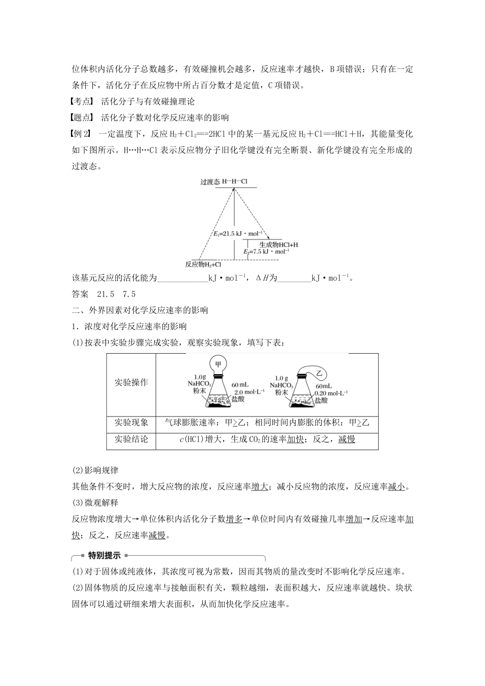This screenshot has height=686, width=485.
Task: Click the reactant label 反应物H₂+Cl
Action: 203,264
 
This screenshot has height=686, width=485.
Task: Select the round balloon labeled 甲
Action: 219,364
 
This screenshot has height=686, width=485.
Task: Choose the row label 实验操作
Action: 131,382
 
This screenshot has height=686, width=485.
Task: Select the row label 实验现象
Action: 131,423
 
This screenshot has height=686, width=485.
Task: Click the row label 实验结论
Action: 131,439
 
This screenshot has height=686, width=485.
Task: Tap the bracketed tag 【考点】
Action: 83,102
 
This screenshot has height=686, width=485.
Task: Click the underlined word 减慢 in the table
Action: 347,439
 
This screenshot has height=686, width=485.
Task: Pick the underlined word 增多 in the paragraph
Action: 234,519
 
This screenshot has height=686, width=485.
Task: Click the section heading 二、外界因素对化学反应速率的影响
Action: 140,310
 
